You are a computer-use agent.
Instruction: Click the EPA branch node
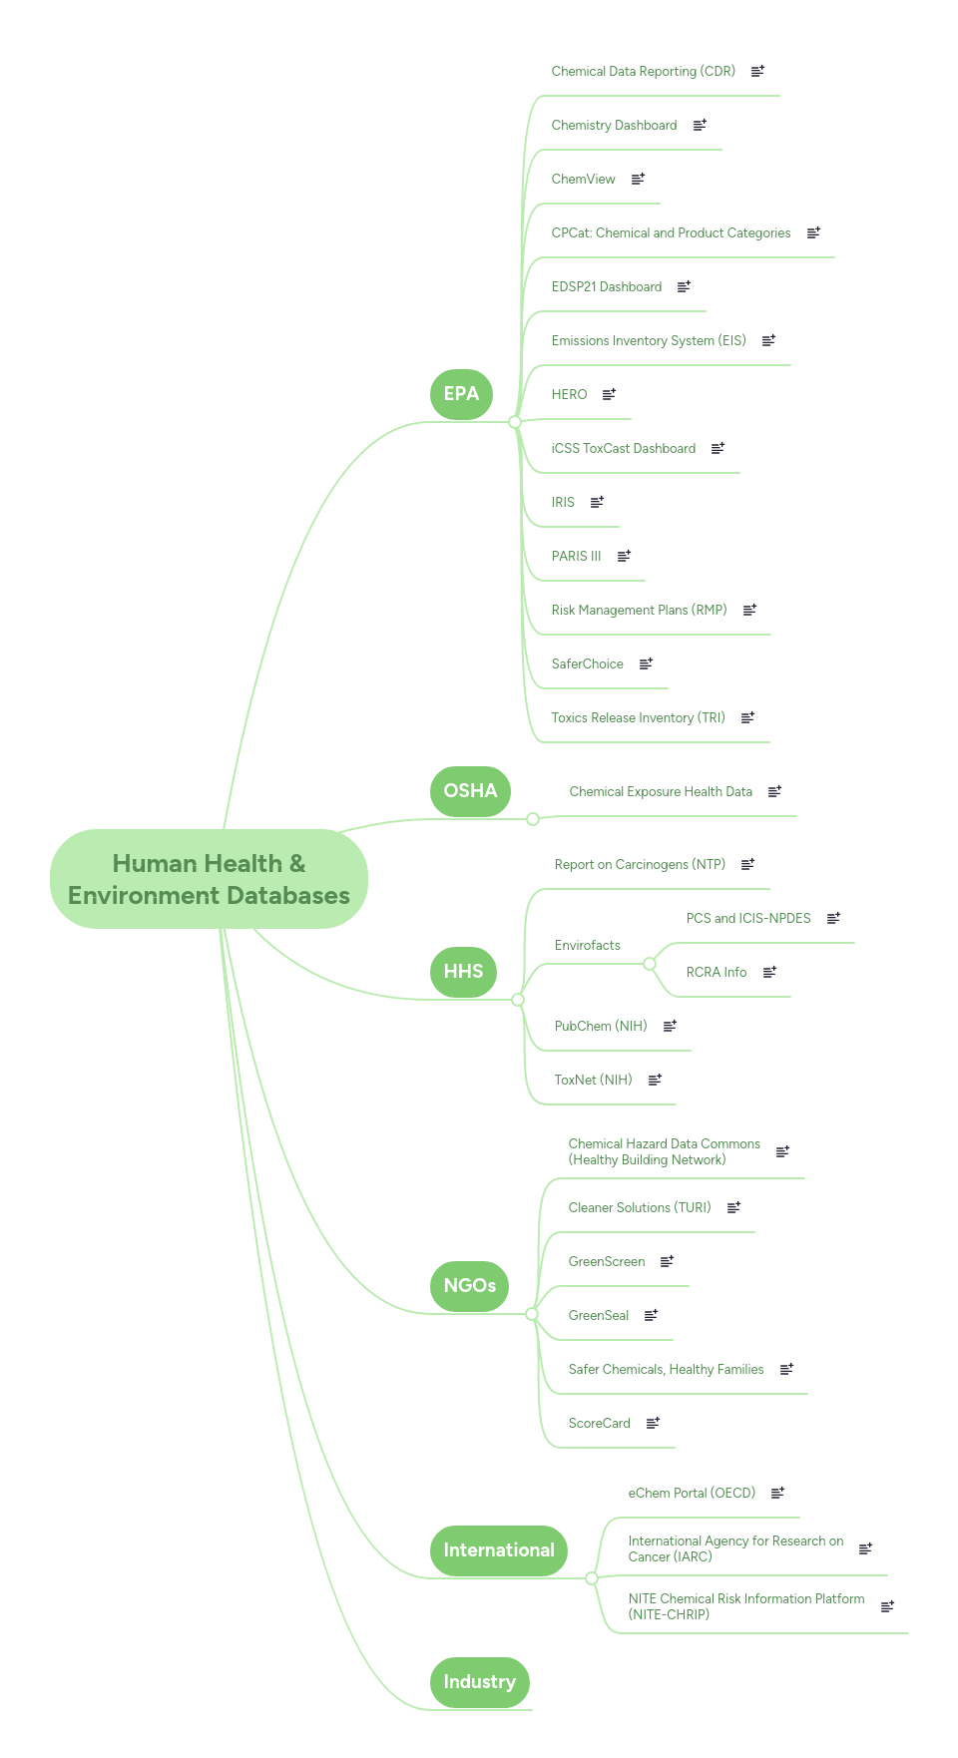tap(461, 394)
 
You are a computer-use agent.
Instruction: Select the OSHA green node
tap(470, 791)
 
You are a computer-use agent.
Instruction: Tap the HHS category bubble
tap(463, 972)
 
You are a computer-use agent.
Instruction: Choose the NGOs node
tap(469, 1286)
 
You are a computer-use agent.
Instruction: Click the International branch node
tap(498, 1550)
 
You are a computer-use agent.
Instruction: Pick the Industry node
tap(479, 1682)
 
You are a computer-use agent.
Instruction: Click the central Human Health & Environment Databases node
tap(209, 879)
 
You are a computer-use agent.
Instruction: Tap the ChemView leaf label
tap(583, 180)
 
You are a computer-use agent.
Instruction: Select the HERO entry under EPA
tap(569, 395)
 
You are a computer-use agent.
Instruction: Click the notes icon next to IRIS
tap(597, 502)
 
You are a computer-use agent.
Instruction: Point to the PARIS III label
tap(576, 557)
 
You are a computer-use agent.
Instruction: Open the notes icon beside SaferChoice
tap(646, 663)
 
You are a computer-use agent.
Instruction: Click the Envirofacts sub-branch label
tap(587, 946)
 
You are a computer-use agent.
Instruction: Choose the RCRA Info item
tap(716, 973)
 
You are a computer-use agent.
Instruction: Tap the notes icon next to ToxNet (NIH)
tap(655, 1080)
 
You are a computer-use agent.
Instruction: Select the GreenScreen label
tap(606, 1262)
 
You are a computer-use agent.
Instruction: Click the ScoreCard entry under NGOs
tap(599, 1424)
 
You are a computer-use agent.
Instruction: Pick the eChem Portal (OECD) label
tap(691, 1494)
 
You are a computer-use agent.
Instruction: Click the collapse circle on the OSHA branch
tap(533, 819)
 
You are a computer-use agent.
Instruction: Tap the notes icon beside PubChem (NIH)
tap(670, 1026)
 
